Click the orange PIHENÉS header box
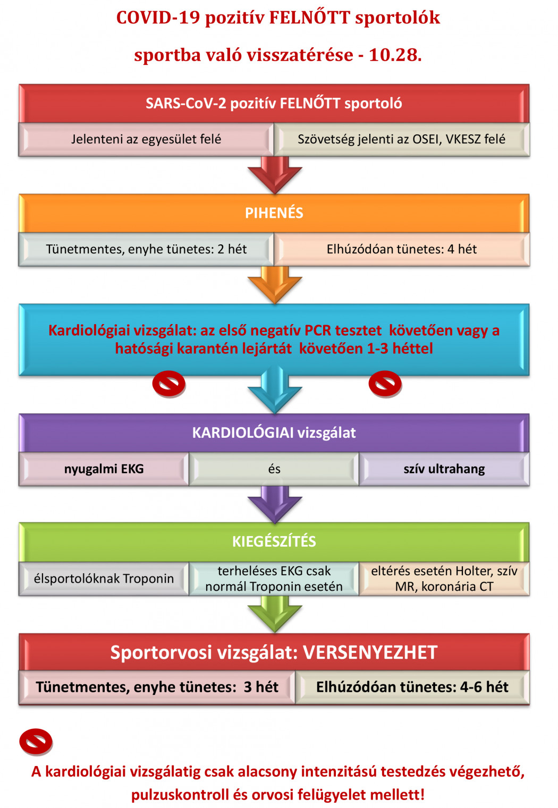pyautogui.click(x=274, y=213)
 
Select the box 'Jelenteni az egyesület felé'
pyautogui.click(x=146, y=139)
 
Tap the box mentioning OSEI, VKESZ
pyautogui.click(x=402, y=139)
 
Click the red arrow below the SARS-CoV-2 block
pyautogui.click(x=274, y=175)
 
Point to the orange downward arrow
pyautogui.click(x=274, y=285)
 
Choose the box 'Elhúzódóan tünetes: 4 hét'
pyautogui.click(x=402, y=249)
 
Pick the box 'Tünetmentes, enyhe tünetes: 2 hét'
pyautogui.click(x=146, y=249)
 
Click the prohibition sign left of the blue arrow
pyautogui.click(x=169, y=384)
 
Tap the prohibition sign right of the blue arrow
pyautogui.click(x=385, y=384)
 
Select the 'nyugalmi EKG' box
pyautogui.click(x=104, y=469)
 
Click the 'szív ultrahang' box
pyautogui.click(x=444, y=469)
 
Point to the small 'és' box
pyautogui.click(x=274, y=469)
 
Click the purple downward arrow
pyautogui.click(x=274, y=505)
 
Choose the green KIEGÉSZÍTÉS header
pyautogui.click(x=274, y=542)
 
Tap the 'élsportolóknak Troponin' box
pyautogui.click(x=104, y=579)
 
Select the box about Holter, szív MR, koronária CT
pyautogui.click(x=444, y=579)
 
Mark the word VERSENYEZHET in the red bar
pyautogui.click(x=370, y=652)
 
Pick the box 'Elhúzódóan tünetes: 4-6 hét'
pyautogui.click(x=412, y=687)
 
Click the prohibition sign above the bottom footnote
pyautogui.click(x=36, y=742)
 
